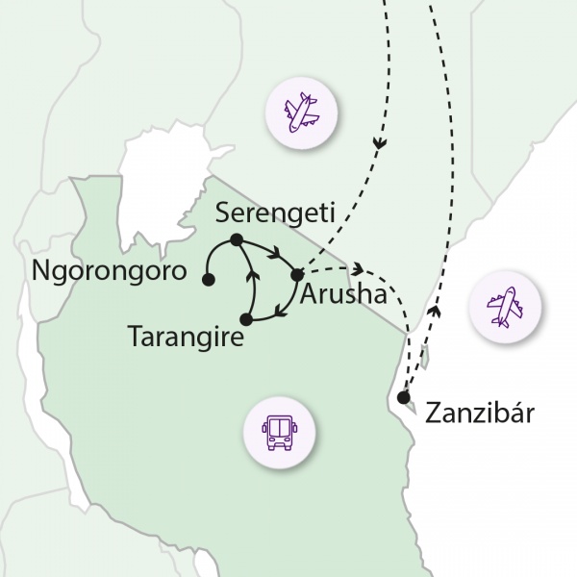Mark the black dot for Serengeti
[236, 240]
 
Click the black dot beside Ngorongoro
[208, 280]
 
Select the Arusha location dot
[297, 275]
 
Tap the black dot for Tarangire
[246, 318]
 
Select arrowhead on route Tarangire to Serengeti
[253, 276]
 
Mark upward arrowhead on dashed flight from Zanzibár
[437, 311]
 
